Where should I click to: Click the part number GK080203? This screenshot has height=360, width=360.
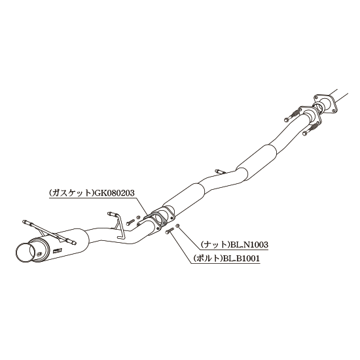click(115, 193)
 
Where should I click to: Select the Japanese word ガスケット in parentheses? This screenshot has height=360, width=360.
click(72, 193)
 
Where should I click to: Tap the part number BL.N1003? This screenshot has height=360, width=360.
click(249, 245)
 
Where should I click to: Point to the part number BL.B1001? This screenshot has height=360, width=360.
click(241, 259)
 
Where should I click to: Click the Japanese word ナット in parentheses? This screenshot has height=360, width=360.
click(215, 245)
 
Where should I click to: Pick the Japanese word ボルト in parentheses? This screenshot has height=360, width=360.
click(208, 259)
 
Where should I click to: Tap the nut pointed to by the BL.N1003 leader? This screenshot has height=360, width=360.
click(177, 226)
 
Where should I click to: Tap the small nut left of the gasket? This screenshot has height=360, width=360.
click(138, 217)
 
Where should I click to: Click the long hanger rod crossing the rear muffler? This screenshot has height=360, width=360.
click(49, 232)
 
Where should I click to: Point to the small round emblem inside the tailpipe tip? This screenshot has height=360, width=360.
click(39, 253)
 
